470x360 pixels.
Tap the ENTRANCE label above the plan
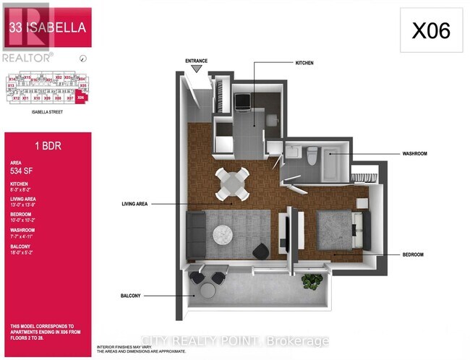tap(197, 61)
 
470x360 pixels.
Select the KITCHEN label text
tap(304, 64)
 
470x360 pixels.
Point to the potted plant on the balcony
tap(312, 282)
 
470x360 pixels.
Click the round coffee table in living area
tap(222, 233)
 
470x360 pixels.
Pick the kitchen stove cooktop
tap(243, 102)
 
